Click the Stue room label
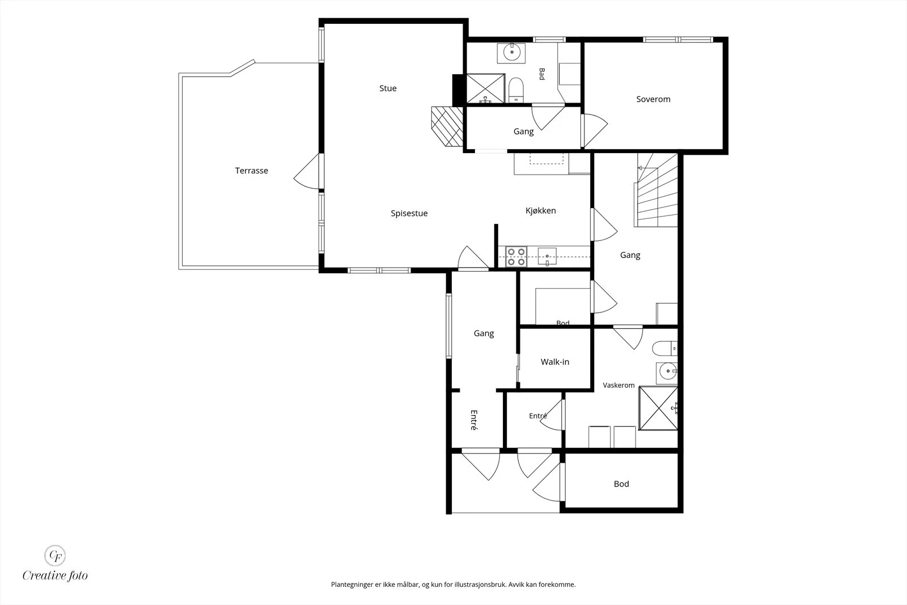[x=388, y=88]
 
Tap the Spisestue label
[x=409, y=213]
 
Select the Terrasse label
[x=252, y=171]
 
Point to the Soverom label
[x=653, y=99]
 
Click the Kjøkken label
[x=541, y=210]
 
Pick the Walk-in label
[x=555, y=362]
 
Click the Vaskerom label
[x=618, y=385]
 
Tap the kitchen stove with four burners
[x=516, y=257]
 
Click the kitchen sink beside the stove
[x=547, y=257]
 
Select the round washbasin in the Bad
[x=512, y=52]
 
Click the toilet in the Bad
[x=516, y=90]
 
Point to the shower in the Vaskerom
[x=658, y=408]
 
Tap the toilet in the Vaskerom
[x=664, y=348]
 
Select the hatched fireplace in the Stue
[x=447, y=126]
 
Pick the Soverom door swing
[x=595, y=130]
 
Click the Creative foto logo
[x=55, y=564]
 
